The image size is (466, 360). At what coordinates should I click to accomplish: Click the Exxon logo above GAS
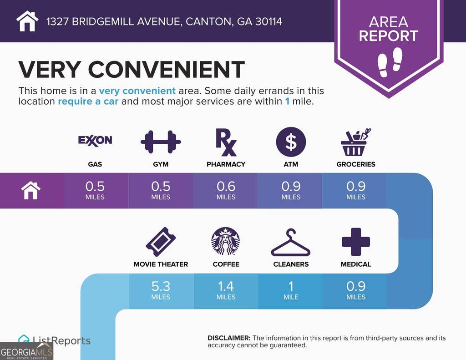pos(95,140)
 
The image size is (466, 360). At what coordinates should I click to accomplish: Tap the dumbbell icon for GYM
pos(161,142)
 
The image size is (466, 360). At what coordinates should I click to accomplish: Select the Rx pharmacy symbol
pos(226,142)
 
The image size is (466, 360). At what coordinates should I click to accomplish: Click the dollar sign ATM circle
pos(291,142)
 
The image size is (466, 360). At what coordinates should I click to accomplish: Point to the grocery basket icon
pos(355,142)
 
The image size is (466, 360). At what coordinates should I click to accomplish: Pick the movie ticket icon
pos(161,242)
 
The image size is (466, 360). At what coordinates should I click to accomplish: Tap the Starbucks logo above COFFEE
pos(226,241)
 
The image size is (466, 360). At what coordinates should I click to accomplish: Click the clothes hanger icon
pos(291,242)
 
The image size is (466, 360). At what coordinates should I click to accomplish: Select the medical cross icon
pos(356,242)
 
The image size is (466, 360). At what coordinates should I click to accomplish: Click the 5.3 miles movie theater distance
pos(161,290)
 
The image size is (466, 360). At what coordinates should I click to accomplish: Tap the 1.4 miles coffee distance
pos(226,290)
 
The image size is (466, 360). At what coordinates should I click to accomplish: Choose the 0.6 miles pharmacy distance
pos(226,191)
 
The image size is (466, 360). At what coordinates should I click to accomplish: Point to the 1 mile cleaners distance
pos(291,290)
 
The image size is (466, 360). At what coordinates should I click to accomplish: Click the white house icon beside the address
pos(27,21)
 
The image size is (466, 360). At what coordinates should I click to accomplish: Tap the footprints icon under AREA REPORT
pos(390,62)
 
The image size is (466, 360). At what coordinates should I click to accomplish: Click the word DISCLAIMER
pos(229,338)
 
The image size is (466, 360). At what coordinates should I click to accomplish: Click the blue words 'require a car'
pos(88,101)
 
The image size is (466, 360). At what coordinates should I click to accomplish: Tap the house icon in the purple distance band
pos(30,191)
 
